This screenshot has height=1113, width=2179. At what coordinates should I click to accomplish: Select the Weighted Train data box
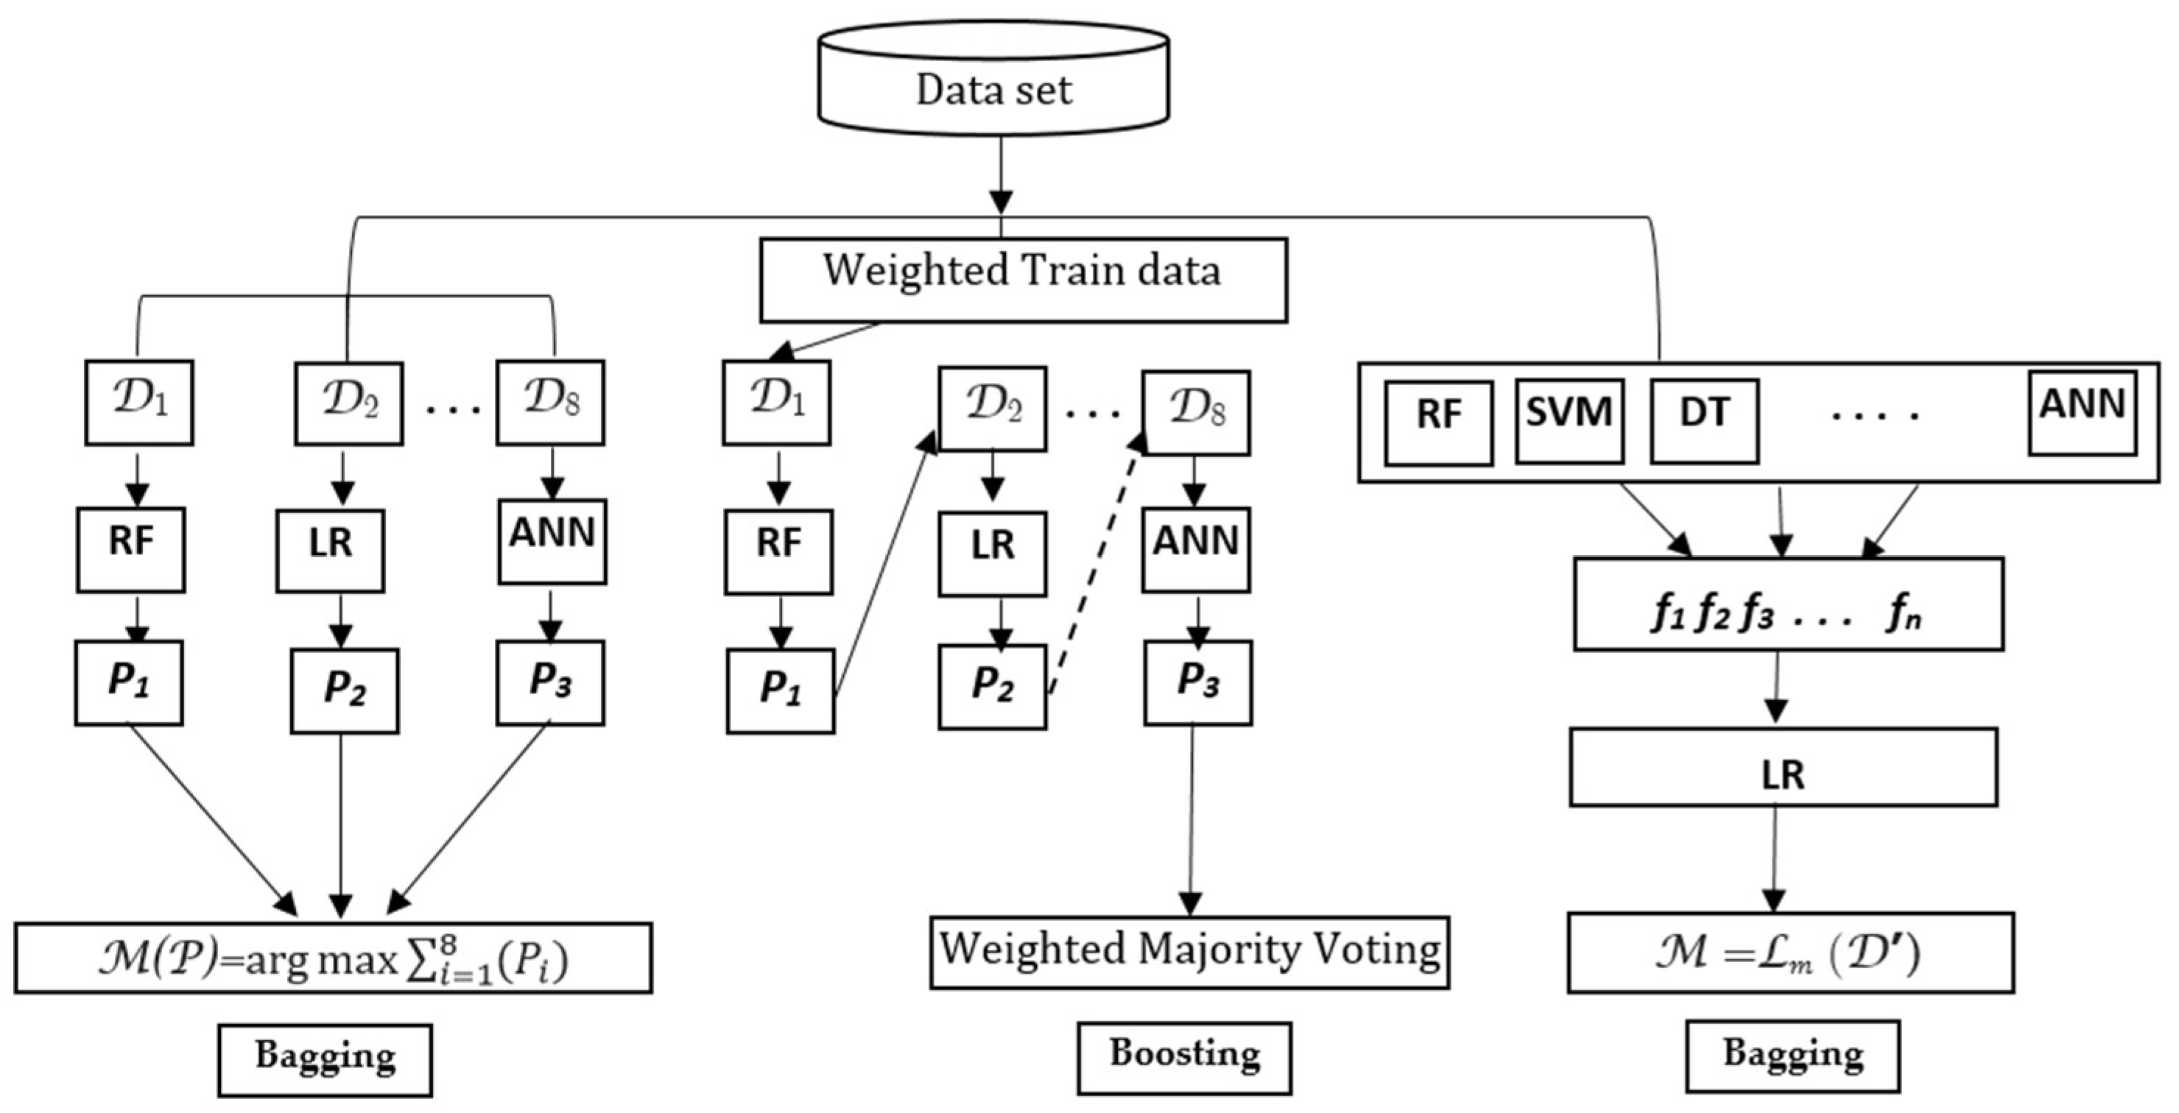1023,279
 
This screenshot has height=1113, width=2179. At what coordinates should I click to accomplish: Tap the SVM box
1569,421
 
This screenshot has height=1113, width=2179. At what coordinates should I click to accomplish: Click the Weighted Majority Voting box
1189,952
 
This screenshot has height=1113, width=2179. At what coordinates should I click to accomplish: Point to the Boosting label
1184,1057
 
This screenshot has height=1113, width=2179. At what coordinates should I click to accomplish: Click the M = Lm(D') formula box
1790,952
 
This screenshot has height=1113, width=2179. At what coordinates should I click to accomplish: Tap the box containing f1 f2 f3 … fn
1788,604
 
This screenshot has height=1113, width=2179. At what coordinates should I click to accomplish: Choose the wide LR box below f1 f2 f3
1783,767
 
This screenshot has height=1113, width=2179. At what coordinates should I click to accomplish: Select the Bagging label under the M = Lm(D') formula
1792,1056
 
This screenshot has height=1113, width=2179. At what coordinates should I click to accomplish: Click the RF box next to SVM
1438,423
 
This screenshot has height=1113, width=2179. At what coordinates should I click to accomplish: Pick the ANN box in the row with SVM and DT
2082,412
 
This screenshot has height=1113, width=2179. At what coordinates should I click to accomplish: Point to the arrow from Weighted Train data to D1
828,341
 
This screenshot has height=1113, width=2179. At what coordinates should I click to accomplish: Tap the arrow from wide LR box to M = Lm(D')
1774,858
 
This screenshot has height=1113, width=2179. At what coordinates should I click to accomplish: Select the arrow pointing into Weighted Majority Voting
1191,820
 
